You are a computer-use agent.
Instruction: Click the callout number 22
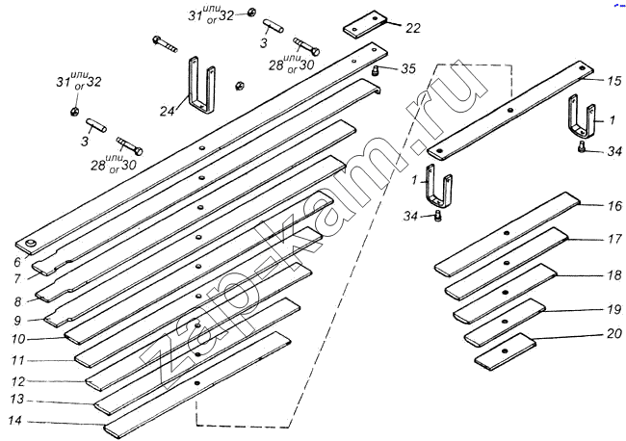(x=412, y=28)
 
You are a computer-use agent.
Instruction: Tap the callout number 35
(x=408, y=68)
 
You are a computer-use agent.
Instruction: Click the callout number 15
(x=614, y=80)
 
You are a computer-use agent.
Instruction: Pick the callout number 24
(x=166, y=112)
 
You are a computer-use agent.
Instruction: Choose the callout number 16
(x=614, y=206)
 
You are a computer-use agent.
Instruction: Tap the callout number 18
(x=614, y=275)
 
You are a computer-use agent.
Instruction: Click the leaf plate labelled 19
(x=504, y=322)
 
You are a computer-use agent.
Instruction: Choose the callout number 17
(x=614, y=240)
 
